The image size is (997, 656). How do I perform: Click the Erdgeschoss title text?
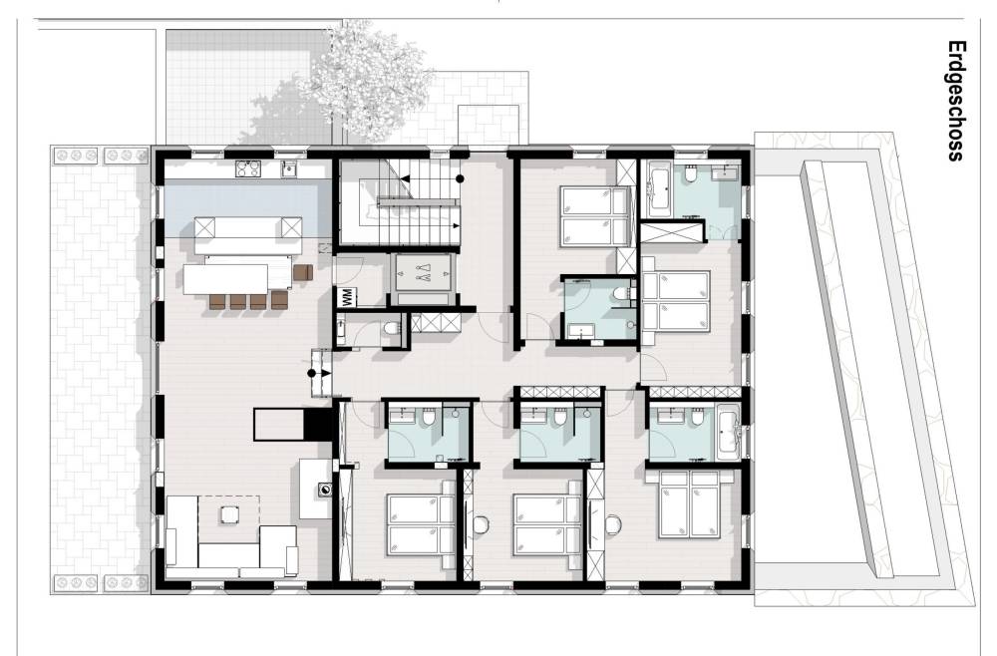tap(956, 101)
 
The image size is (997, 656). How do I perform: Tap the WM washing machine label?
tap(347, 297)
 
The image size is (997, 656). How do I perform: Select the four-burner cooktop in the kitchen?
tap(248, 168)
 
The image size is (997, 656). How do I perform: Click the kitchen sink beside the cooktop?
tap(290, 168)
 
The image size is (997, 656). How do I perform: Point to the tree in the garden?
tap(366, 83)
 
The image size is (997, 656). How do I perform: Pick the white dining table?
tap(225, 278)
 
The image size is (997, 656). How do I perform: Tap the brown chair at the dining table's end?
tap(303, 273)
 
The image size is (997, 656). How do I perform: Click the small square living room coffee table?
tap(229, 513)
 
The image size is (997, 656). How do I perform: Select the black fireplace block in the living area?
tap(318, 424)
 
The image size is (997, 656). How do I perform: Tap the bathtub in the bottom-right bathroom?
tap(729, 436)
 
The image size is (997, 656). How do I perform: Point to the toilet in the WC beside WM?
tap(392, 328)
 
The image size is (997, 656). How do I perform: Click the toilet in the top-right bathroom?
tap(692, 171)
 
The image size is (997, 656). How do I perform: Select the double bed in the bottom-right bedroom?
tap(690, 504)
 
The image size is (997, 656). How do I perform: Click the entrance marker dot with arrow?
tap(319, 373)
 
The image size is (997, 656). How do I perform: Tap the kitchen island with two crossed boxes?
tap(248, 227)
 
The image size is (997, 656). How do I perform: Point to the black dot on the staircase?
tap(459, 178)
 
